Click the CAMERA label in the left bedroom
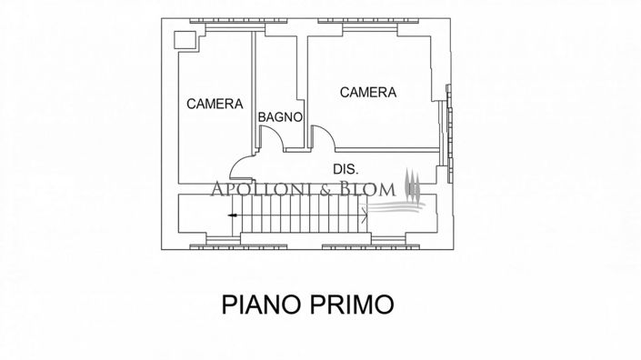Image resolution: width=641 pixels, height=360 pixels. tap(215, 105)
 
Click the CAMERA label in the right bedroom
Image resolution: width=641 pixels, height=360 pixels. tap(367, 92)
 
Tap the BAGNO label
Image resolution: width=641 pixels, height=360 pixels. tap(279, 117)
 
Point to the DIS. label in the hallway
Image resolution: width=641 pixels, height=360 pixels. tap(346, 169)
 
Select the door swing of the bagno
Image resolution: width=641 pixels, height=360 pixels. tap(271, 136)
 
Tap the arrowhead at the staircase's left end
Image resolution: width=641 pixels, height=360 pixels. tap(233, 215)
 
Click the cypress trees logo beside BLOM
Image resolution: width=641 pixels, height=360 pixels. tap(412, 186)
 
